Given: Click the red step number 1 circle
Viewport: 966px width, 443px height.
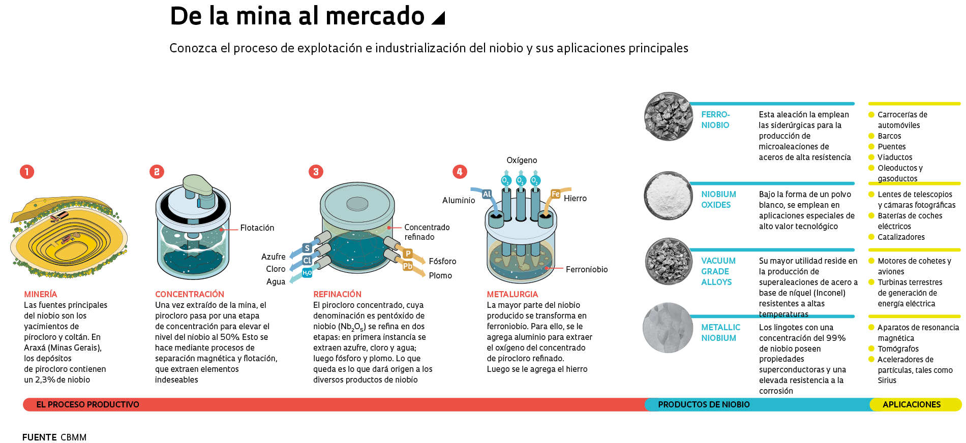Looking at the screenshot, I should click(x=27, y=172).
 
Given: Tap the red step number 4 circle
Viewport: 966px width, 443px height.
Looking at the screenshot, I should click(x=460, y=172).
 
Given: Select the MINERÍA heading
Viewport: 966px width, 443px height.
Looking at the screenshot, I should click(x=41, y=294).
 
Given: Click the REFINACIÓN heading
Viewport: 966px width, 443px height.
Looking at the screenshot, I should click(x=337, y=294).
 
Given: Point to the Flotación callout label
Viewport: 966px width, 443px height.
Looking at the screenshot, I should click(x=257, y=228).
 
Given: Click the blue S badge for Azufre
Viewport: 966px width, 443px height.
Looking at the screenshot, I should click(x=307, y=248).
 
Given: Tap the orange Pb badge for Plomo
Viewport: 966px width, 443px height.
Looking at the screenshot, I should click(x=408, y=266).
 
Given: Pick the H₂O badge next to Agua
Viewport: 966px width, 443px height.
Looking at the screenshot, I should click(x=307, y=273).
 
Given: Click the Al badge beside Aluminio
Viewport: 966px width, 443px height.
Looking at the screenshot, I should click(x=487, y=194).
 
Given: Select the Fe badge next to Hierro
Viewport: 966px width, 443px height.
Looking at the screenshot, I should click(x=556, y=194).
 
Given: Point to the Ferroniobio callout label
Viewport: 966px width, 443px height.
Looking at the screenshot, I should click(x=587, y=270).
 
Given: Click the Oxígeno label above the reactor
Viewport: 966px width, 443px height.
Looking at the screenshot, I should click(x=522, y=161).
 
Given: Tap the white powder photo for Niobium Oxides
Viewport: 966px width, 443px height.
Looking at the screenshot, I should click(x=669, y=196).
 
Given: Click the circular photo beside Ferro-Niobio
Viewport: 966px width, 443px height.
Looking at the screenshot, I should click(x=669, y=116).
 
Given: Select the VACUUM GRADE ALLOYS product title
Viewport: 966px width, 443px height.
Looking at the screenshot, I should click(x=717, y=271).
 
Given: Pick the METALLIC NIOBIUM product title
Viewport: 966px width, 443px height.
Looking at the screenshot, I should click(x=720, y=333).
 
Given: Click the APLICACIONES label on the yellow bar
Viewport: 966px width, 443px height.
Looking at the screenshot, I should click(x=912, y=405).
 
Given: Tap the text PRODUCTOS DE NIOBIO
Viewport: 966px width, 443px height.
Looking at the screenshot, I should click(x=704, y=405).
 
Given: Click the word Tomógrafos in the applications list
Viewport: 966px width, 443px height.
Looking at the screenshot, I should click(x=898, y=349).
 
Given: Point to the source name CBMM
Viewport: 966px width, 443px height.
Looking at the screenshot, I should click(x=74, y=437).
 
